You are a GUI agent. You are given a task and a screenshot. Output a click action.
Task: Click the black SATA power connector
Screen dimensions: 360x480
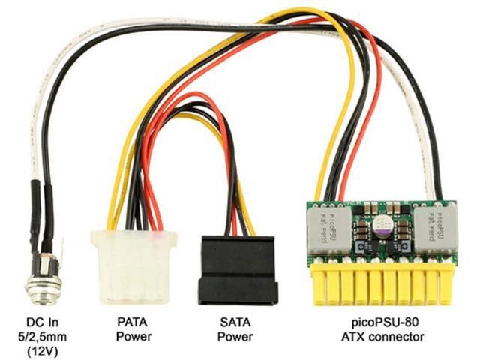pyautogui.click(x=237, y=270)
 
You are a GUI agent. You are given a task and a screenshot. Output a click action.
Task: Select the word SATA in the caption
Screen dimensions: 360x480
pyautogui.click(x=236, y=321)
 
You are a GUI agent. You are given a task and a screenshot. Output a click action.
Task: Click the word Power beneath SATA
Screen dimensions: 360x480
pyautogui.click(x=236, y=336)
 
